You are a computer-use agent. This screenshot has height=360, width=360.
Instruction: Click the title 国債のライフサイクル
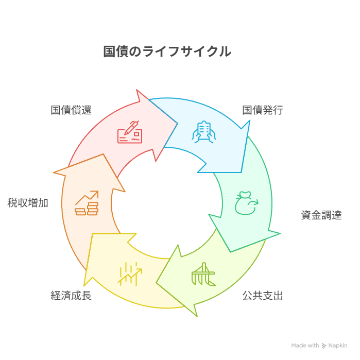167,51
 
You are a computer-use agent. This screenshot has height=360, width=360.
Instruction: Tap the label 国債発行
263,110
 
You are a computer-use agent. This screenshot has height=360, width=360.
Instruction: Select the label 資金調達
321,215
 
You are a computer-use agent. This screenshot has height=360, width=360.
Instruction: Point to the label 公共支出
263,296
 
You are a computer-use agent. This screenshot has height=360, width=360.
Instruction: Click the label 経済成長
71,296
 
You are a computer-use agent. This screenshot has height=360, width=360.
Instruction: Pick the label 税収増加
28,203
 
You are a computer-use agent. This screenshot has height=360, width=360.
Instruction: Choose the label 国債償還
71,110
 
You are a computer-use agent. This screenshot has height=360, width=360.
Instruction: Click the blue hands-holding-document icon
204,132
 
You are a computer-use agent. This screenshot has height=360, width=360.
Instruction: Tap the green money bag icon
247,203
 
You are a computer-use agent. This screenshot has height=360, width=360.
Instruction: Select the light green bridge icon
204,274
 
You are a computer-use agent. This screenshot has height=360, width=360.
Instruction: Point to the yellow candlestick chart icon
130,274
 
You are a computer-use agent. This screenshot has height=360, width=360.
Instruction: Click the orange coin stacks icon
87,203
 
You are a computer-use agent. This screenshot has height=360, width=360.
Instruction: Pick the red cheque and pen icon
130,132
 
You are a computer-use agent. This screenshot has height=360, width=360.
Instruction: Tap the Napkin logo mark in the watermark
324,346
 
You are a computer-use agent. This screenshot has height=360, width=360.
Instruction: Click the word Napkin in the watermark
338,346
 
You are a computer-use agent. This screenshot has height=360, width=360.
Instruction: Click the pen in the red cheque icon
132,128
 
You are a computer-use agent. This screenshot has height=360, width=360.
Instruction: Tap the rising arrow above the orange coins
87,197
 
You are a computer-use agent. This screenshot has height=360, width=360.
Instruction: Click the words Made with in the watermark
305,346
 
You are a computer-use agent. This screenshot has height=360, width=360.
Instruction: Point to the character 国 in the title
109,52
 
